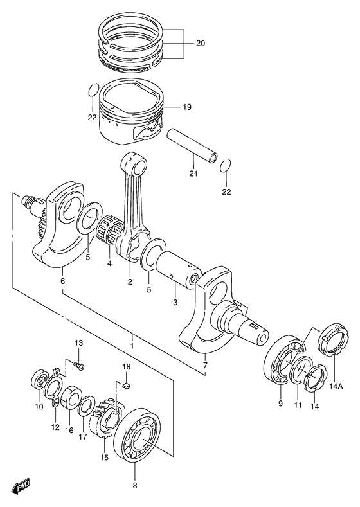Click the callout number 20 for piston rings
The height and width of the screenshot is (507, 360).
pyautogui.click(x=201, y=44)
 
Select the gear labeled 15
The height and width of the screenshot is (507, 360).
pyautogui.click(x=107, y=425)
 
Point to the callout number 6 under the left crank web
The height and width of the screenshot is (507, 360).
pyautogui.click(x=62, y=281)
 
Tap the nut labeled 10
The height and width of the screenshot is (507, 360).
pyautogui.click(x=39, y=381)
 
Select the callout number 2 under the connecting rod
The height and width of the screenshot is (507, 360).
pyautogui.click(x=129, y=281)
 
